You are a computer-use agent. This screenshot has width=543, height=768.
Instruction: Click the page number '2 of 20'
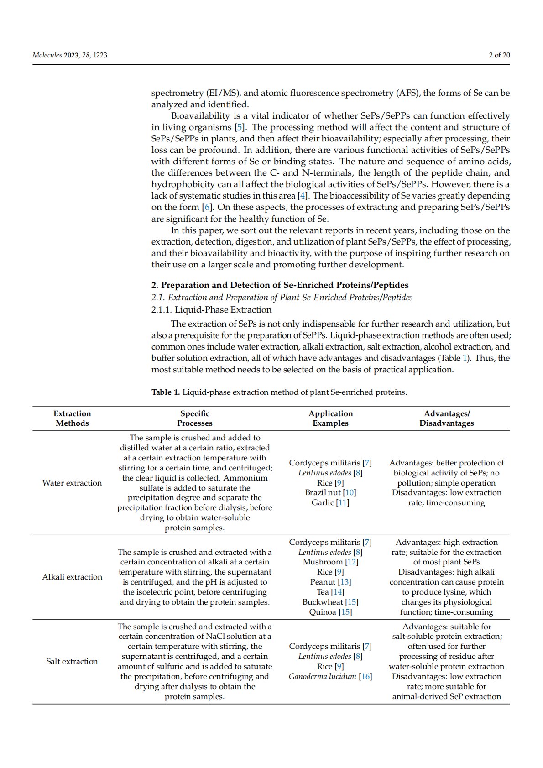499,55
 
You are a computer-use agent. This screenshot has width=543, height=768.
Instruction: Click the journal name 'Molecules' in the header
47,55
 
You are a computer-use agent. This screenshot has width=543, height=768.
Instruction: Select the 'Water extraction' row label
72,483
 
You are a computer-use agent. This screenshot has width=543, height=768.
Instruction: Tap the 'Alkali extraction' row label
72,577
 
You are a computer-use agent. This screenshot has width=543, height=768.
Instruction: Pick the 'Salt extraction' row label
72,661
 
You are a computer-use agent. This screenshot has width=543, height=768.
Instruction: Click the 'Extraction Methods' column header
72,418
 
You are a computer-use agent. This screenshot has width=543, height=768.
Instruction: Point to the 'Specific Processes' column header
195,418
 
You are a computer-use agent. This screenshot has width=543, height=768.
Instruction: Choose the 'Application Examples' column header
330,418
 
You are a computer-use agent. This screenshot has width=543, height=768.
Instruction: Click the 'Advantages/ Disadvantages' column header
447,418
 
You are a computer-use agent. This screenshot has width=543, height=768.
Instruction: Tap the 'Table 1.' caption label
166,392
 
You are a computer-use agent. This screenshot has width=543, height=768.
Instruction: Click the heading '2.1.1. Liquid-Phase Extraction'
211,310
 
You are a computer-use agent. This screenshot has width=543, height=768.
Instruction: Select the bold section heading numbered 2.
280,285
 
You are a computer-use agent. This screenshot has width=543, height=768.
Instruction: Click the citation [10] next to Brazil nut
349,493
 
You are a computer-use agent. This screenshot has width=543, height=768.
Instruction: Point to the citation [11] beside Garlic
342,503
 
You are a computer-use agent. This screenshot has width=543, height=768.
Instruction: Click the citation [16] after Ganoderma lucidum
365,676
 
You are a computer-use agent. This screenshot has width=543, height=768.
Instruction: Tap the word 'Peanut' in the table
323,582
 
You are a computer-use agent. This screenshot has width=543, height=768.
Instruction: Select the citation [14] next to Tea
338,592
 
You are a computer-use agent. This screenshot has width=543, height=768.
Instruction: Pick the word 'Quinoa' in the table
323,612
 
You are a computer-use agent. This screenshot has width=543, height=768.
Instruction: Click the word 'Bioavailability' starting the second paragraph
199,116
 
